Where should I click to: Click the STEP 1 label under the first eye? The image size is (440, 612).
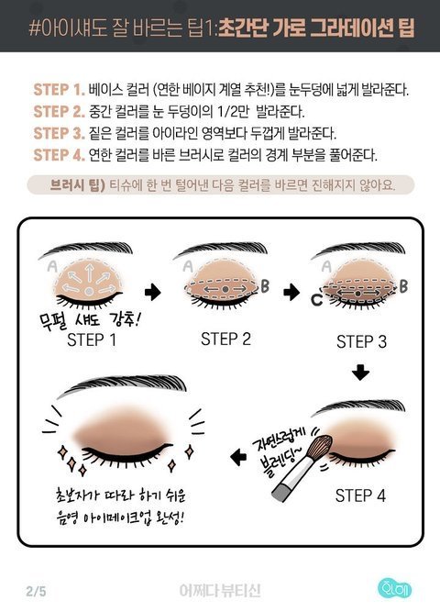(x=92, y=340)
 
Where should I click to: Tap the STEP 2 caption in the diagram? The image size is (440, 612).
(x=225, y=339)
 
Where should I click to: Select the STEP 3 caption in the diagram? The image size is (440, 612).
(x=361, y=341)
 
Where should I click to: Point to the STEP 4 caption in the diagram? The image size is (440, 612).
(x=360, y=495)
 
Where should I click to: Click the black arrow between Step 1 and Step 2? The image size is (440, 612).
(x=152, y=292)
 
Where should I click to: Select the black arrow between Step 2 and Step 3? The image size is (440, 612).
(x=291, y=292)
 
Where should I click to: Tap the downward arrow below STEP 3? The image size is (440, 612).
(x=361, y=373)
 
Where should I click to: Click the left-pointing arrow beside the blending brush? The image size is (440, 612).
(x=238, y=456)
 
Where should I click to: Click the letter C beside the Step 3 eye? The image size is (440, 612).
(x=317, y=300)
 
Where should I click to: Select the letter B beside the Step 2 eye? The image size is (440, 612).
(x=265, y=285)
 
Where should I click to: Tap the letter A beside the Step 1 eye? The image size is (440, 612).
(x=52, y=266)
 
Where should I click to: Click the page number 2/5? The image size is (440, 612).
(x=36, y=591)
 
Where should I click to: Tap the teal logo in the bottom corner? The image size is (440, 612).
(x=395, y=589)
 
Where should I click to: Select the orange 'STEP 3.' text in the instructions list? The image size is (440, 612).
(x=59, y=133)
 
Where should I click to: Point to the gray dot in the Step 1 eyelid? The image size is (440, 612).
(x=89, y=291)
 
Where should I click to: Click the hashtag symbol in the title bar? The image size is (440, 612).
(x=34, y=28)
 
